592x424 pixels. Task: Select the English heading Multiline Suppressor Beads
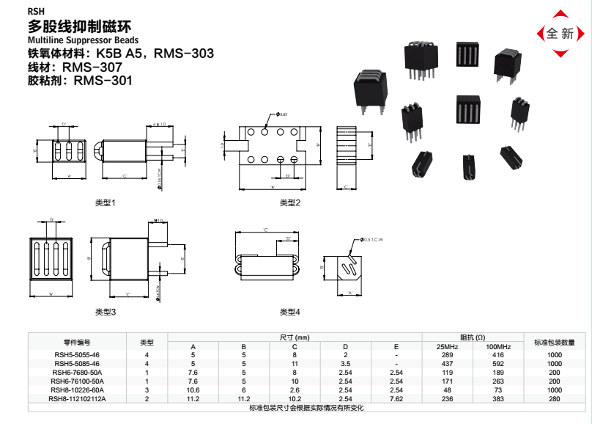coord(82,40)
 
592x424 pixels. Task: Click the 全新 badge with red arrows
coord(560,34)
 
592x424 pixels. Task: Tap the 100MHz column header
coord(498,346)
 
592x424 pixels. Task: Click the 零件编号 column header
coord(77,342)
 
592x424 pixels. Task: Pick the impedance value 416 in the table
coord(498,355)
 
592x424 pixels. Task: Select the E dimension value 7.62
coord(396,399)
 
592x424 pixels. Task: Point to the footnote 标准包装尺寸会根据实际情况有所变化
coord(306,408)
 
